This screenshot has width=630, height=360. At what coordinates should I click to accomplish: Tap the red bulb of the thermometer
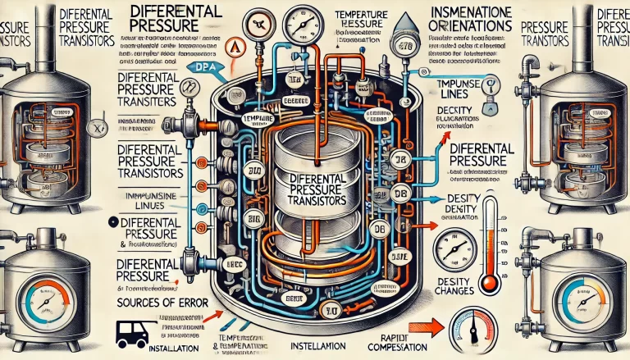click(491, 283)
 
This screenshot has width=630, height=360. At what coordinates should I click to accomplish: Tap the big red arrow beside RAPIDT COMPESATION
click(423, 330)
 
